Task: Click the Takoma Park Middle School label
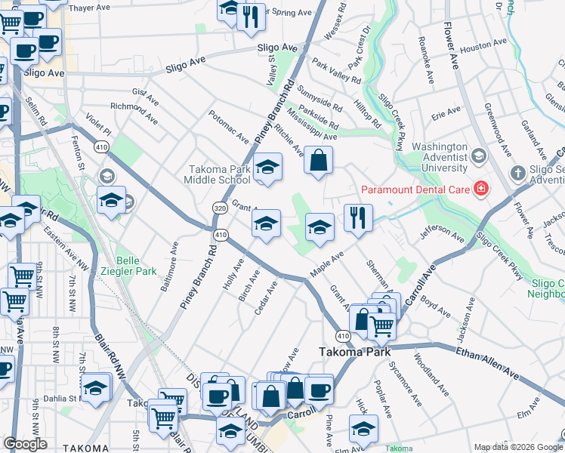(218, 175)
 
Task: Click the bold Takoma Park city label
(354, 351)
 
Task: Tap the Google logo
(26, 444)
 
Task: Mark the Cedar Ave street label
(267, 298)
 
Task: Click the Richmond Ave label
(134, 112)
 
